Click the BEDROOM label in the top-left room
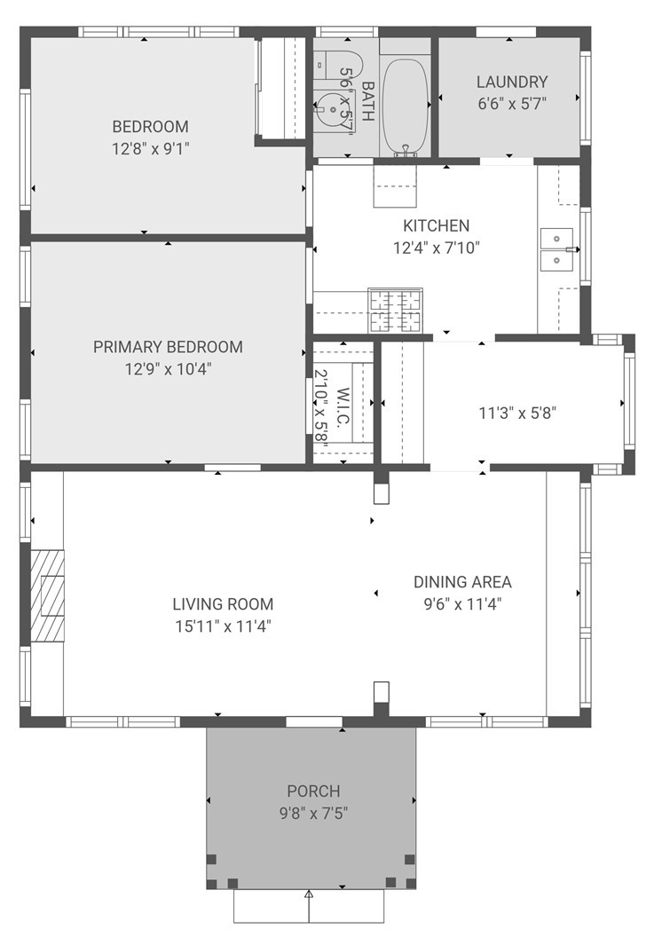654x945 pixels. [x=150, y=126]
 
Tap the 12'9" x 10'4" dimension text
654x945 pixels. [x=168, y=369]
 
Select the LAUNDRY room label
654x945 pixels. [x=511, y=82]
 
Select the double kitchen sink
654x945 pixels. [x=556, y=249]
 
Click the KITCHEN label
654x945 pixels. [x=436, y=226]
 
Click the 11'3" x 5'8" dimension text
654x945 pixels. [x=517, y=413]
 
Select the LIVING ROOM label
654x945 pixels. [x=223, y=604]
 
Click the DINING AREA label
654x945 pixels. [x=462, y=582]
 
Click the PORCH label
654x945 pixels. [x=312, y=791]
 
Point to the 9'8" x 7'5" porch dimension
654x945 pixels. [x=312, y=812]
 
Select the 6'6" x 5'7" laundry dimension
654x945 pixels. [x=511, y=103]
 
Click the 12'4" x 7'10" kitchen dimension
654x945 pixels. [x=436, y=248]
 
